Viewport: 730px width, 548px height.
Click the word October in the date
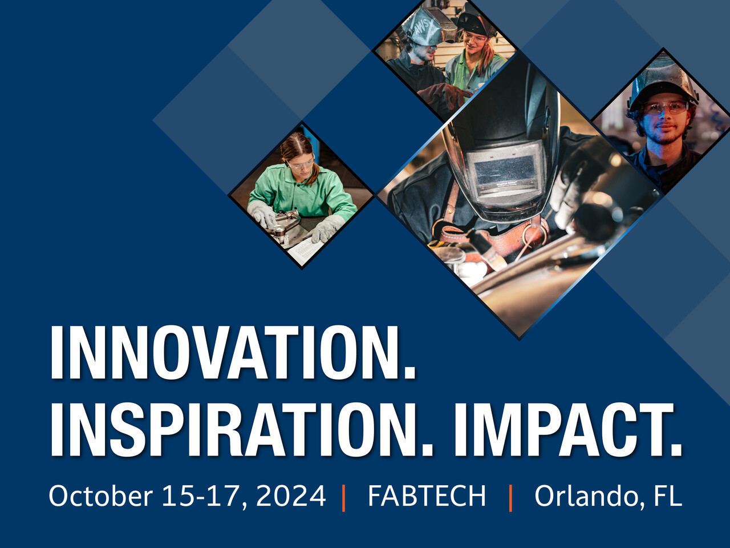click(x=100, y=495)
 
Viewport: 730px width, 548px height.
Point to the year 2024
click(x=291, y=495)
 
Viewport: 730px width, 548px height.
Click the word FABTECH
click(x=427, y=495)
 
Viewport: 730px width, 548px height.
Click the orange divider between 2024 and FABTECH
click(x=343, y=497)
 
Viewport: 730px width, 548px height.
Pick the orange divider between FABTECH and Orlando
click(x=510, y=497)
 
